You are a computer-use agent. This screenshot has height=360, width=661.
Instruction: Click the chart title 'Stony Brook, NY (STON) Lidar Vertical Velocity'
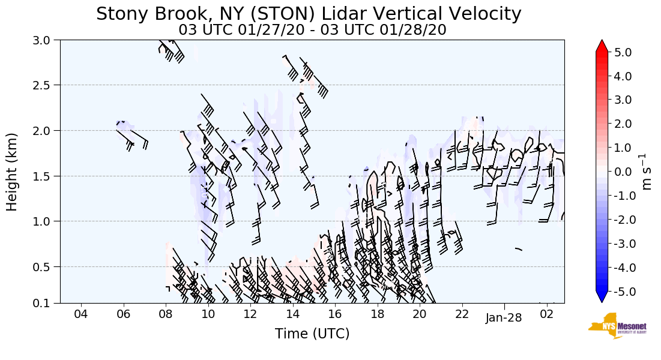(309, 14)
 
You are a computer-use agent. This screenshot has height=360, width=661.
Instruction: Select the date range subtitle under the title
(312, 30)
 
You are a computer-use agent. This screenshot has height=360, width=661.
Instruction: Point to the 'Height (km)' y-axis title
(13, 172)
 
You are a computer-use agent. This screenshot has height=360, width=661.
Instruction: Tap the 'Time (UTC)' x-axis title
(312, 334)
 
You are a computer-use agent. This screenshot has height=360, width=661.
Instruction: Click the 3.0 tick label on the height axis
(46, 40)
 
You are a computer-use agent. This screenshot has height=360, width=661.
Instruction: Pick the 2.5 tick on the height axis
(46, 85)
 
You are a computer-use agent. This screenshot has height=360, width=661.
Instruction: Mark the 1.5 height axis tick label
(46, 176)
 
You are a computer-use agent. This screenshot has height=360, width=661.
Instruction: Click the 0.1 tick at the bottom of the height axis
(46, 303)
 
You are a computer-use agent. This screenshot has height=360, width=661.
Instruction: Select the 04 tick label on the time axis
(81, 314)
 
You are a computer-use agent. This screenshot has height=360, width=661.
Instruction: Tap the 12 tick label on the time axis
(250, 314)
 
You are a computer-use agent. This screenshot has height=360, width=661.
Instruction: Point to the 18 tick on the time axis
(377, 314)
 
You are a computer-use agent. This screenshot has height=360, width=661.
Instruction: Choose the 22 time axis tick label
(462, 314)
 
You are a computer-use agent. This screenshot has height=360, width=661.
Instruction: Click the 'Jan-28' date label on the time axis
(504, 318)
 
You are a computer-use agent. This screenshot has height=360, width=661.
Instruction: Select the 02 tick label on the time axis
(546, 314)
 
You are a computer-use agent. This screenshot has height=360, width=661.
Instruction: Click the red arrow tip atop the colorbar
(602, 44)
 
